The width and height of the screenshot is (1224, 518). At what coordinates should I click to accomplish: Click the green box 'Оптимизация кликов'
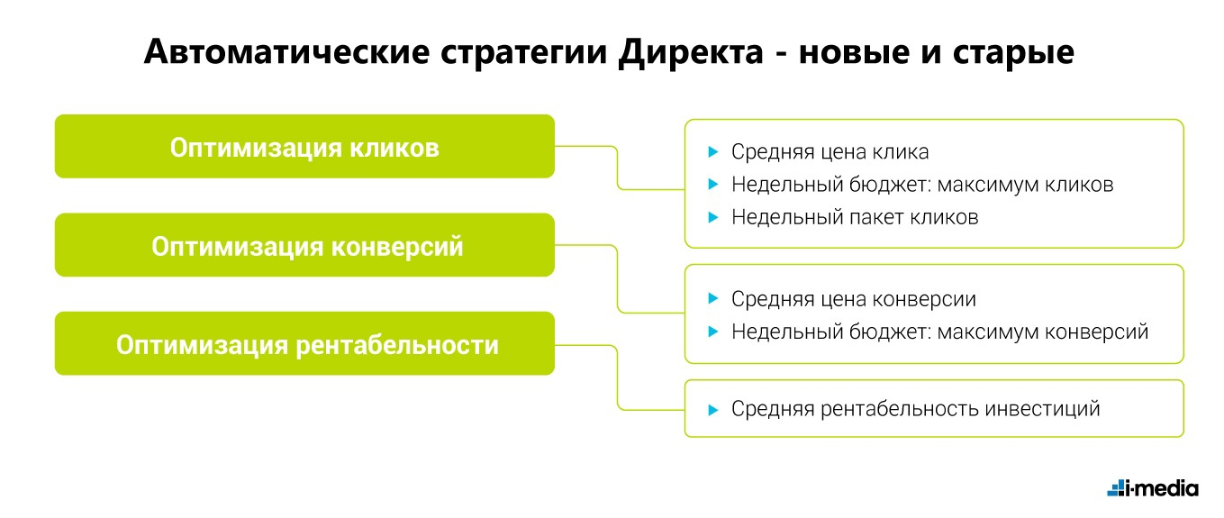click(x=304, y=147)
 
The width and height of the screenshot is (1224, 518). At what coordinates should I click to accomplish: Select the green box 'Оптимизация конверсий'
click(x=304, y=246)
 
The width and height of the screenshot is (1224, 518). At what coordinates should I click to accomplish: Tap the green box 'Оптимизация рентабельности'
click(x=304, y=344)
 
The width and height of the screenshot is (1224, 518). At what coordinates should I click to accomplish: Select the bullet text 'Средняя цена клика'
click(x=830, y=151)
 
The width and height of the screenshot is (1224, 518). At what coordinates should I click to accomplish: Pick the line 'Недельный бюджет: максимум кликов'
click(x=922, y=184)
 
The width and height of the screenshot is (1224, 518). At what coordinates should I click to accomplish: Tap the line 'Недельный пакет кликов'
click(x=854, y=217)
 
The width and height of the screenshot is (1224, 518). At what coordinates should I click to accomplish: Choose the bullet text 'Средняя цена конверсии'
click(x=853, y=299)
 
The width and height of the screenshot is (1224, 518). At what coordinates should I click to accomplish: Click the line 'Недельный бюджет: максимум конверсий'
click(x=939, y=332)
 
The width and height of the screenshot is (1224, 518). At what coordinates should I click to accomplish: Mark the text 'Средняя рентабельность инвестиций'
click(x=915, y=409)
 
